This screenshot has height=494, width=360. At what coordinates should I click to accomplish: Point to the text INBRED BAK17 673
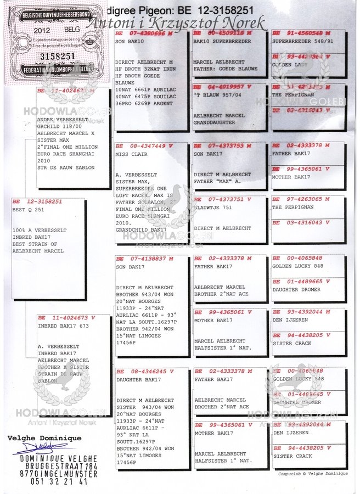63,326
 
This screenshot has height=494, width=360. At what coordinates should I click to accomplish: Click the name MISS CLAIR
128,155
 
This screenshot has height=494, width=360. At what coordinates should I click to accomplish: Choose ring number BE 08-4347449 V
144,147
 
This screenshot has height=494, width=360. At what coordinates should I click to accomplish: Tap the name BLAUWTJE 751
212,208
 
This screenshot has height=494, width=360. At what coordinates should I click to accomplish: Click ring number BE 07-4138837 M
144,259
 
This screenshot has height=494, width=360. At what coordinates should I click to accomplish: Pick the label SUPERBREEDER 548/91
299,41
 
